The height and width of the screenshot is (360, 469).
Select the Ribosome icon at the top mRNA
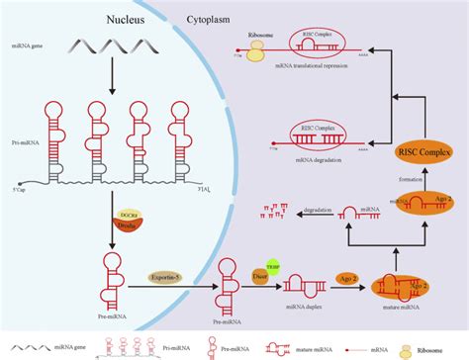click(x=256, y=52)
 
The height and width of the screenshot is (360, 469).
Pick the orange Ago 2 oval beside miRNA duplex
click(x=346, y=280)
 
